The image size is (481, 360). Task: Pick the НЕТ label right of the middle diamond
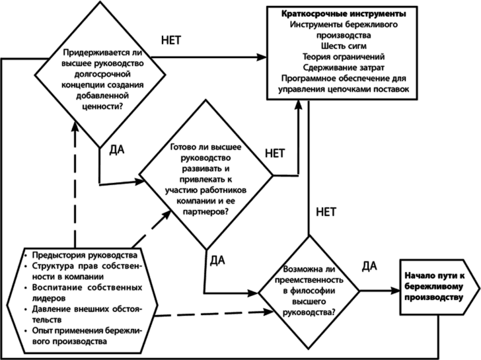click(275, 154)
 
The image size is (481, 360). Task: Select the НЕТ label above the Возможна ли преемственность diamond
click(326, 211)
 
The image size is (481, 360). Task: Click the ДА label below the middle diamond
click(217, 260)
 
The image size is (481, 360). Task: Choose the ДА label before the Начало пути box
click(369, 266)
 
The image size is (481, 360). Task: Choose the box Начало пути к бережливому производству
click(433, 288)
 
